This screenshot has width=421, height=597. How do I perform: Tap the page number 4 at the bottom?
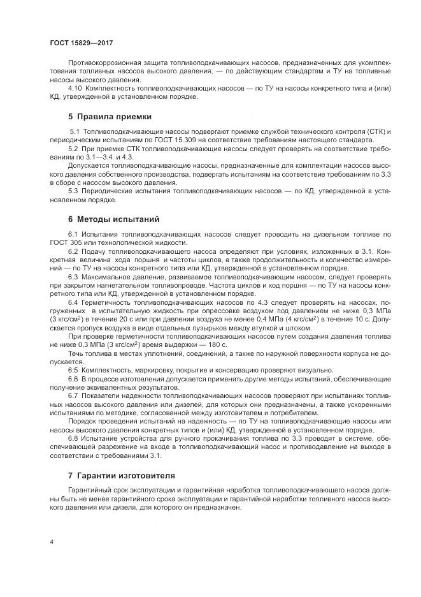(51, 542)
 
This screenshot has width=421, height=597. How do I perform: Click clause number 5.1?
(73, 131)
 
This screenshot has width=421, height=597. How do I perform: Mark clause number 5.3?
(73, 191)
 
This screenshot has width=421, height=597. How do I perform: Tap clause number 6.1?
(73, 234)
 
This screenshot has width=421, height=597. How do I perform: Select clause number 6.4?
(73, 301)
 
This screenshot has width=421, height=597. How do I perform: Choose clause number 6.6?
(73, 379)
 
